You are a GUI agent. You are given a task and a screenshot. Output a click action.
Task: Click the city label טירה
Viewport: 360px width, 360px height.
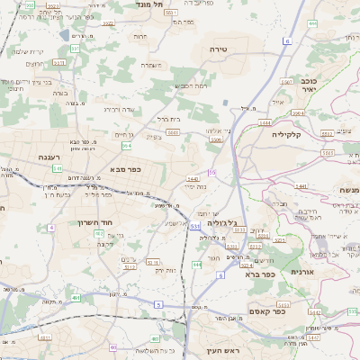coord(217,49)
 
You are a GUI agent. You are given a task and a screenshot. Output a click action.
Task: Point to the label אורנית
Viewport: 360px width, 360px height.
coord(303,271)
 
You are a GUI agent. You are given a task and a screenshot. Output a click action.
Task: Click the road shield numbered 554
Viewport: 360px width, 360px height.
coord(127,145)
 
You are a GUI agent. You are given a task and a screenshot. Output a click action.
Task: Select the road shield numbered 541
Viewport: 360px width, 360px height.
coord(57,168)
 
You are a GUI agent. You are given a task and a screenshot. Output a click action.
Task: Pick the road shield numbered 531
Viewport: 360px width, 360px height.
coord(194,226)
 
